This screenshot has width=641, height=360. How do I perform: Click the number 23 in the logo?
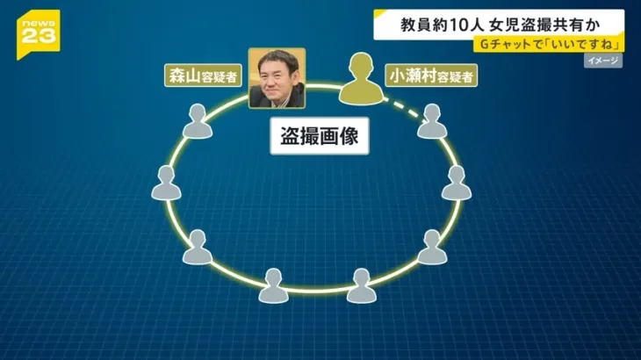click(x=39, y=36)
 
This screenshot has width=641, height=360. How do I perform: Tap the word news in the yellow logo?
click(x=39, y=24)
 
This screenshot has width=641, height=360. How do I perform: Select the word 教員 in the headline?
click(x=414, y=25)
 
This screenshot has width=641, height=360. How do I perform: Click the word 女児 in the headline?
click(x=503, y=25)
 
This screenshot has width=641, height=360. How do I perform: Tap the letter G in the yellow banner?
click(x=485, y=44)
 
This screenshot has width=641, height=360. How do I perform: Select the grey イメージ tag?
click(x=603, y=61)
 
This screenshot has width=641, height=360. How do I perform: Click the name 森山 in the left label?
click(x=184, y=76)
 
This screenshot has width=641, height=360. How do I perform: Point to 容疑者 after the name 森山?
click(x=220, y=76)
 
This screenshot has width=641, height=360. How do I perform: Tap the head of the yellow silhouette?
click(x=361, y=65)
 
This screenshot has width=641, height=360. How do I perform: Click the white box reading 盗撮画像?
click(x=320, y=136)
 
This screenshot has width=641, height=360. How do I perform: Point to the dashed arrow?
click(x=406, y=110)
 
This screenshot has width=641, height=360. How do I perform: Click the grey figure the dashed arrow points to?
click(x=432, y=121)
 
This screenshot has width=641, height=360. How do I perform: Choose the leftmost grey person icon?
click(x=166, y=183)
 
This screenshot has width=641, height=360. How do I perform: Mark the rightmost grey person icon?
click(x=457, y=183)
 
